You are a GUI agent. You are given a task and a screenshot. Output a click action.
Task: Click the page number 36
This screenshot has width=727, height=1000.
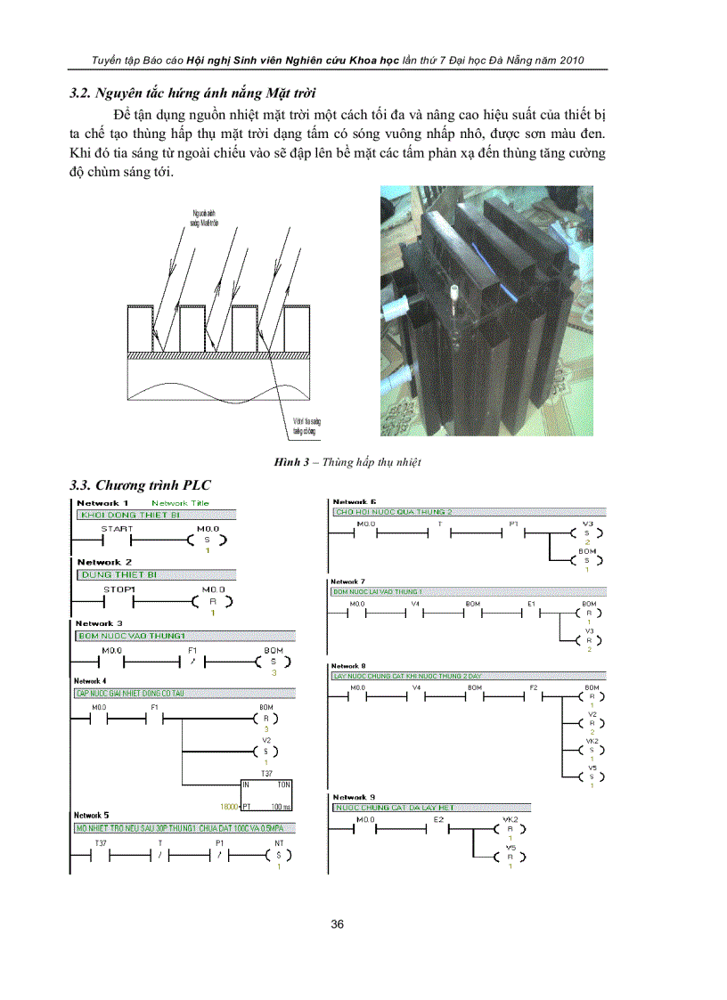(338, 924)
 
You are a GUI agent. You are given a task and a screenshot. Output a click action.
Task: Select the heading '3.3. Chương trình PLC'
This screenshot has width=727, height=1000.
(141, 485)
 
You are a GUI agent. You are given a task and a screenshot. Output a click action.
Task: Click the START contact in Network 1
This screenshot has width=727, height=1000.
(116, 540)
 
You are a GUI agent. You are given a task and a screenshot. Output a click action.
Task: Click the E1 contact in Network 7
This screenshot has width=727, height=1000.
(531, 614)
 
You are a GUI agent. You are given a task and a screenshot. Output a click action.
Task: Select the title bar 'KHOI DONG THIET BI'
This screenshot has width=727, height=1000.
(156, 516)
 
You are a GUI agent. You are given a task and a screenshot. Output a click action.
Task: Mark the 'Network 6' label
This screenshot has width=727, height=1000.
(354, 502)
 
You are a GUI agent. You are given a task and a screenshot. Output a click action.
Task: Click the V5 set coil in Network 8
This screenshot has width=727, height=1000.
(591, 776)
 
